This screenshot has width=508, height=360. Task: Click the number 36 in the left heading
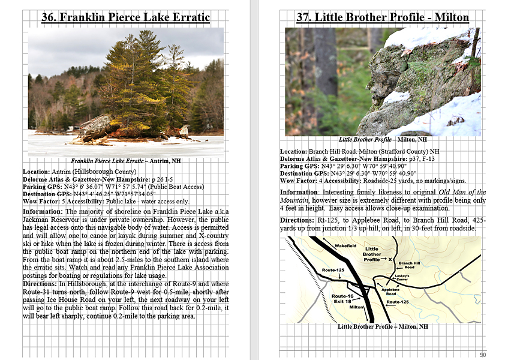tap(49, 17)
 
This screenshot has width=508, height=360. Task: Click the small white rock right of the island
tap(184, 130)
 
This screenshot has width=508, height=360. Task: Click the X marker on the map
tap(390, 259)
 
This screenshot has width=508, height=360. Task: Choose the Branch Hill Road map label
tap(409, 265)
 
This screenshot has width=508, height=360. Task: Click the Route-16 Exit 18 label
tap(343, 298)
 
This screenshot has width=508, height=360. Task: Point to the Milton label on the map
tap(357, 307)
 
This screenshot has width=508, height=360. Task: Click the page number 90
tap(483, 355)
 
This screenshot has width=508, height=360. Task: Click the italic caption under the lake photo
tap(125, 161)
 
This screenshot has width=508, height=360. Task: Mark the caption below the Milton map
tap(383, 326)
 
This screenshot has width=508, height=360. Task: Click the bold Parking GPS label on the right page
tap(302, 166)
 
